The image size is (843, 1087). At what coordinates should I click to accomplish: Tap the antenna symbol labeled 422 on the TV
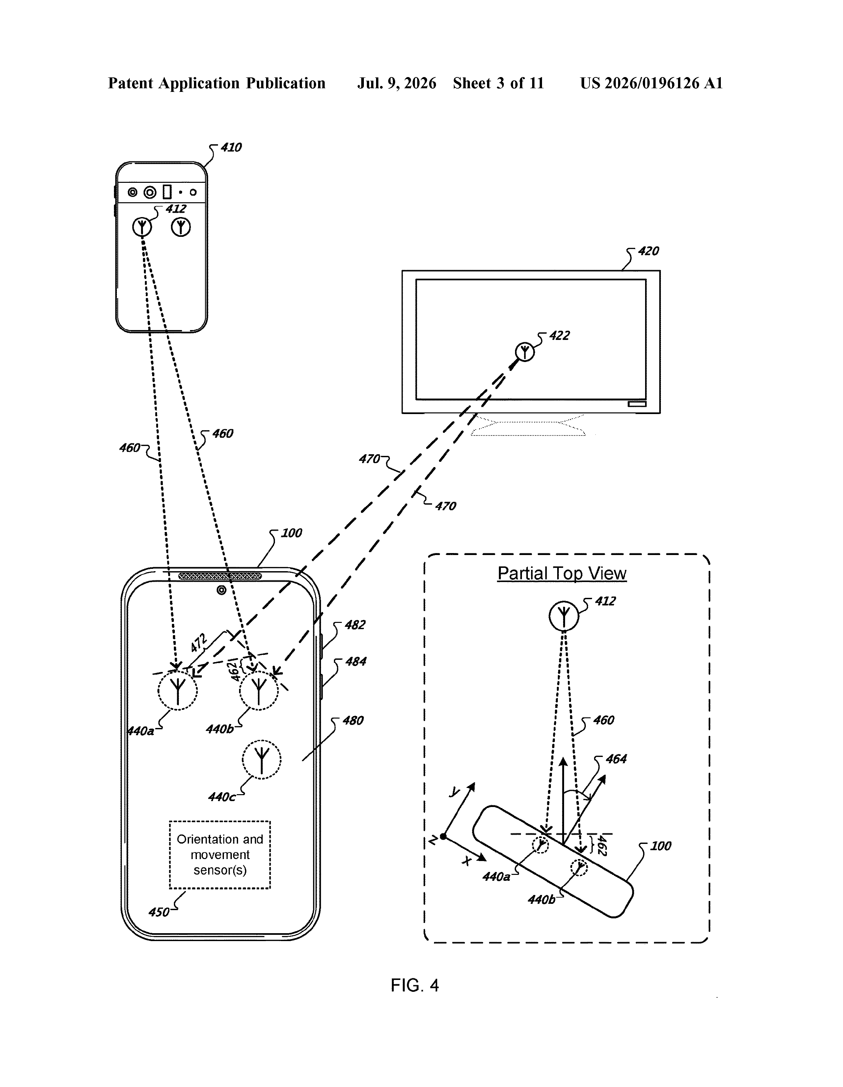tap(525, 352)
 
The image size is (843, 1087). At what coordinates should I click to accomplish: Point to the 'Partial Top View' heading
tap(562, 573)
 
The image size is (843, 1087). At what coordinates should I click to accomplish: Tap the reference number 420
tap(648, 251)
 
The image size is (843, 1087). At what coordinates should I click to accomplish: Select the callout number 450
tap(159, 912)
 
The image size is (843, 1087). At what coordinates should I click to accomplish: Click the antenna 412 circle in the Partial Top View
tap(564, 616)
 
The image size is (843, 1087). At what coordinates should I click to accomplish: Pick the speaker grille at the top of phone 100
tap(220, 576)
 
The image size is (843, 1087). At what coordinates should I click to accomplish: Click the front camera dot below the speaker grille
tap(221, 590)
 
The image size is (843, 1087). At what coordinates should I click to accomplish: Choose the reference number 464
tap(616, 759)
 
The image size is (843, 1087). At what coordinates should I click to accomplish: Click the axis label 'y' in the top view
tap(454, 791)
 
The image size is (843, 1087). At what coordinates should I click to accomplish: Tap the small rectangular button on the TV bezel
tap(637, 404)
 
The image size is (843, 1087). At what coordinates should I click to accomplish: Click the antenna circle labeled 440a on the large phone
tap(178, 690)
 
